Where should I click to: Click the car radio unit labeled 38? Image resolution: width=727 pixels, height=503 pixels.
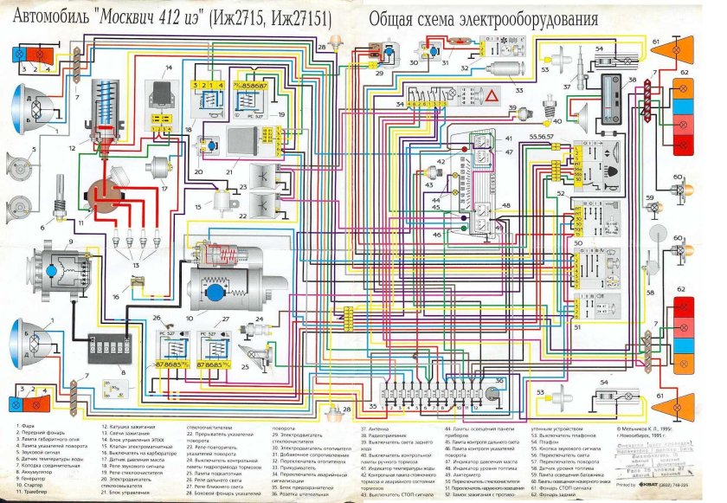point(612,94)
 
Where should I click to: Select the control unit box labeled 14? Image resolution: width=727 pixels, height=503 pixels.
point(158,87)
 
